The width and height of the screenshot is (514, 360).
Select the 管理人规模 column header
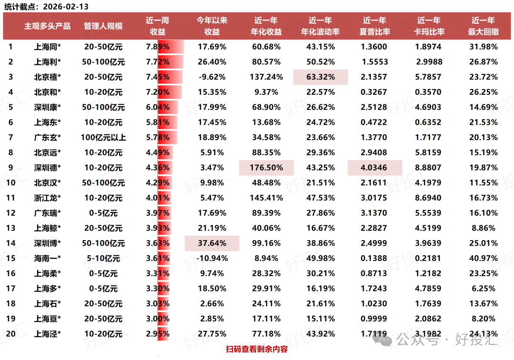pos(103,26)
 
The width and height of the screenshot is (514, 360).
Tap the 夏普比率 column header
pos(375,26)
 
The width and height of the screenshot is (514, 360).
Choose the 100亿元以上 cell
pos(103,138)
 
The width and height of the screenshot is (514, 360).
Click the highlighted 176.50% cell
pos(266,168)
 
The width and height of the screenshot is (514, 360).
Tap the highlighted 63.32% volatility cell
pos(320,77)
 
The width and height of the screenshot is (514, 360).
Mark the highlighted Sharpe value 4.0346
pos(375,168)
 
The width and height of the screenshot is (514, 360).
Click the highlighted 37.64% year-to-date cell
pos(212,243)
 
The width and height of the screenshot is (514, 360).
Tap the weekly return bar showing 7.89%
pos(158,47)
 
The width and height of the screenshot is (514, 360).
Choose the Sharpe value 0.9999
pos(375,319)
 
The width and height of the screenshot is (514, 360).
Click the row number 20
pos(10,333)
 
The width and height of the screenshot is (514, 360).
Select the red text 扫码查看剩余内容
pos(257,349)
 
